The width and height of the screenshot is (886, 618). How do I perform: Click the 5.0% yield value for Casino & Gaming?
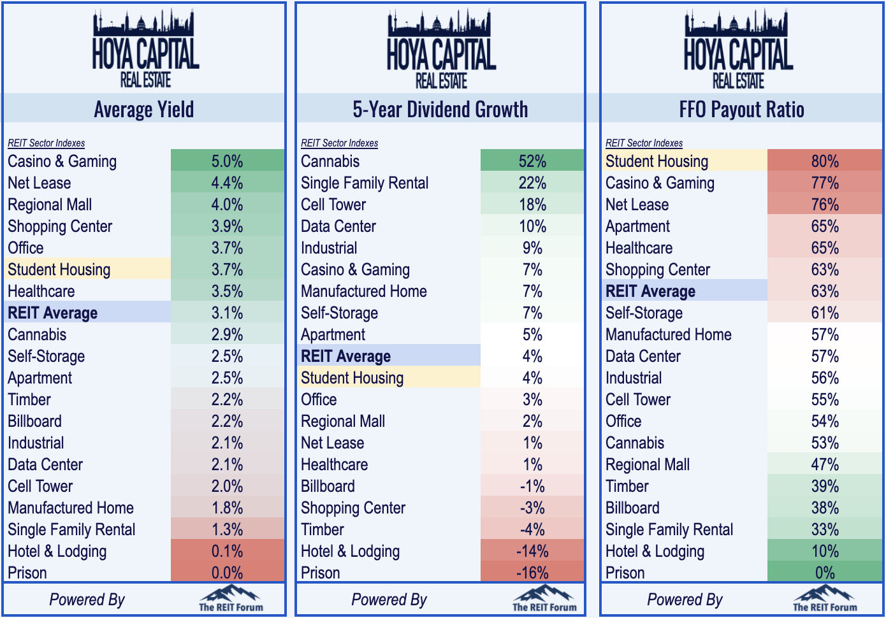[227, 161]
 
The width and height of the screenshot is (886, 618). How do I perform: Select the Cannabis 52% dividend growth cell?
[532, 161]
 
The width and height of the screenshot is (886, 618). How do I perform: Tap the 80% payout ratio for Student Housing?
[824, 161]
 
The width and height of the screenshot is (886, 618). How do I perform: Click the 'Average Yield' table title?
[144, 110]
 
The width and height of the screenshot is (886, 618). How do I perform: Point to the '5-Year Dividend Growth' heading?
[440, 110]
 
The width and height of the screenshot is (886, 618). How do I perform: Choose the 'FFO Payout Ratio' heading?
[741, 110]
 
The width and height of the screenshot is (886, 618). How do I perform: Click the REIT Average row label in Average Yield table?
[53, 313]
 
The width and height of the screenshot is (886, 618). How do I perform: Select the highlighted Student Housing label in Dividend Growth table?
[352, 378]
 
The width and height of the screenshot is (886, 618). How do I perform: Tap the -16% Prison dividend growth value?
[532, 573]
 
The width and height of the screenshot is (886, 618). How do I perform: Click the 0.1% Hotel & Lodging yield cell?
[227, 551]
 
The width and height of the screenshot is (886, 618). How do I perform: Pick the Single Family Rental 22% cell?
[532, 183]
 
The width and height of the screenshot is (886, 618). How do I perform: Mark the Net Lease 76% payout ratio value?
[824, 205]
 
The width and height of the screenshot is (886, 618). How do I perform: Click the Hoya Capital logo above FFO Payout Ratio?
[738, 49]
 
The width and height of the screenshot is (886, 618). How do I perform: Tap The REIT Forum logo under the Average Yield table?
[231, 600]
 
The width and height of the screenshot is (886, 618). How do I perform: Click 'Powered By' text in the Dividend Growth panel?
[389, 600]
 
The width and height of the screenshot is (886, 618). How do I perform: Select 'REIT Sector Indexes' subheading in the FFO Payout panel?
[644, 143]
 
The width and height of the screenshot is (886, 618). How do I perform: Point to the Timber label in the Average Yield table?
[29, 399]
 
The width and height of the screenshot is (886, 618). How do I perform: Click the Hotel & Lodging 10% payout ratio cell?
[824, 551]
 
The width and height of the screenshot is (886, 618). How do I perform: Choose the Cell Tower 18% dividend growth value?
[532, 205]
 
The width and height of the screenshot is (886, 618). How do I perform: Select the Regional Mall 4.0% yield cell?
[227, 205]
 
